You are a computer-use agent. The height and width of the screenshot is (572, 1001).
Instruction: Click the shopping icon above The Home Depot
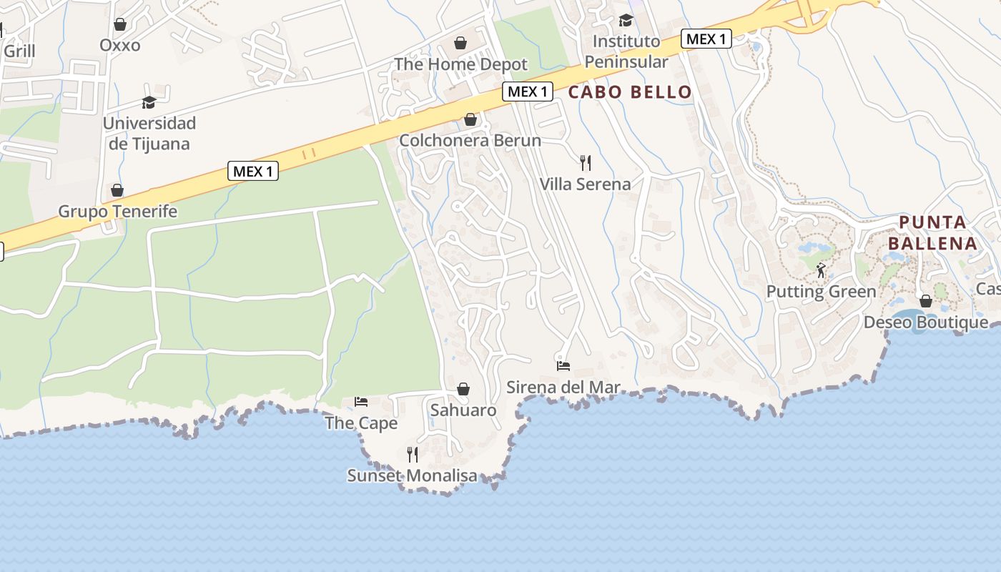[x=460, y=44]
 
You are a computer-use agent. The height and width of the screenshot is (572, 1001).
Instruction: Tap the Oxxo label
[x=120, y=45]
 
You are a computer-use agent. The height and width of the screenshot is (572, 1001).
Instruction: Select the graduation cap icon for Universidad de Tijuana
[x=149, y=102]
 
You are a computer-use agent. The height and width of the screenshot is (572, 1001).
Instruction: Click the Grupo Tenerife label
[x=117, y=212]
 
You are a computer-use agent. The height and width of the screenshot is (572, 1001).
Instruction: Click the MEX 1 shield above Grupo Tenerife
[x=253, y=171]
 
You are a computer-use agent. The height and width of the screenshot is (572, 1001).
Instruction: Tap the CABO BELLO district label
[x=630, y=92]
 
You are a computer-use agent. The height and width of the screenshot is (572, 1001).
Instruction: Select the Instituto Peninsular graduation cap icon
[x=626, y=20]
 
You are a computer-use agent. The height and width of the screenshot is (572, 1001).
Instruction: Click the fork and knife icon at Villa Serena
[x=586, y=163]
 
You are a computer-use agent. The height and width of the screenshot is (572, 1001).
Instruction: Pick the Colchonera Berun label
[x=470, y=140]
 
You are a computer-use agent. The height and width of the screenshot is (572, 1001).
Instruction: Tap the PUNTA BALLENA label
[x=932, y=233]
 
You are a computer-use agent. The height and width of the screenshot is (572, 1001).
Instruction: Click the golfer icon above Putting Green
[x=821, y=270]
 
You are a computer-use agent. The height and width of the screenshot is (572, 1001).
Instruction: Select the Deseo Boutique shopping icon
[x=926, y=301]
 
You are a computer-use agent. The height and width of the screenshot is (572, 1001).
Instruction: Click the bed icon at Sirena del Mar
[x=563, y=366]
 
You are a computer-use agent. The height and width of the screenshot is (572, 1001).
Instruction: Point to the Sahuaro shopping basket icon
[x=463, y=389]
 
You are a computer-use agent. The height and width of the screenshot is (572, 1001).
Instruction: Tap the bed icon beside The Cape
[x=361, y=402]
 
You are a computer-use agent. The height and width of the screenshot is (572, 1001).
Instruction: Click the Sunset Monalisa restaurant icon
[x=413, y=454]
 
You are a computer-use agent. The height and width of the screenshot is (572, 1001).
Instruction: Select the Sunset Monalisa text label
[x=412, y=475]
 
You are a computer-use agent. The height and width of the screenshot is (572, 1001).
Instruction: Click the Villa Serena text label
[x=585, y=184]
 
